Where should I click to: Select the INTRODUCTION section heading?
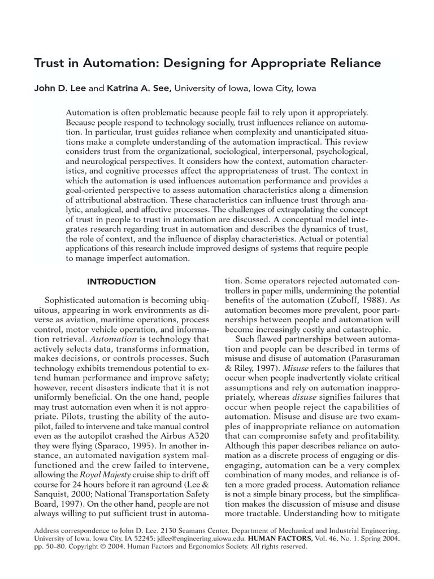[121, 282]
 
